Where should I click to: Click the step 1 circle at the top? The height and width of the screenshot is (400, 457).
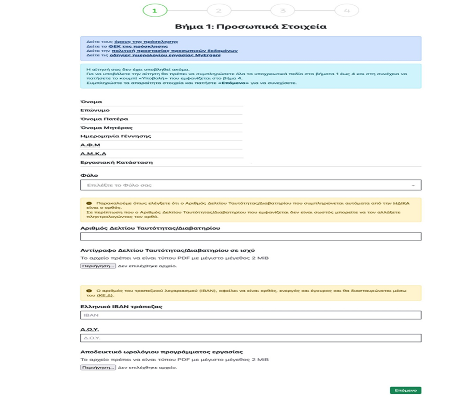click(x=155, y=10)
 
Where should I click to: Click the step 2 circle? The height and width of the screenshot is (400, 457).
click(x=219, y=10)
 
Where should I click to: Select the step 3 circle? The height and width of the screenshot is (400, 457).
click(x=283, y=10)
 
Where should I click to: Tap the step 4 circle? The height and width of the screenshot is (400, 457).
click(x=346, y=10)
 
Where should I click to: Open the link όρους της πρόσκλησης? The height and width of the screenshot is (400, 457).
click(x=146, y=41)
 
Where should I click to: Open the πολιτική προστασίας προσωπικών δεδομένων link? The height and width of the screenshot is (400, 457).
click(x=174, y=51)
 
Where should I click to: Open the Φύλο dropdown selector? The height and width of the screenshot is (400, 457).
click(x=250, y=185)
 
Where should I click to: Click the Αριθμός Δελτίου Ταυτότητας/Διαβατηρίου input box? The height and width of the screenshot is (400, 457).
click(x=250, y=236)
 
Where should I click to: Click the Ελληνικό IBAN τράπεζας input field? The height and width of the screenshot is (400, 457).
click(x=250, y=315)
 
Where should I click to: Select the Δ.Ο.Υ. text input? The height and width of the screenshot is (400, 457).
click(x=250, y=338)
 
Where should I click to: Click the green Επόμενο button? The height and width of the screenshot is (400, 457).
click(x=405, y=390)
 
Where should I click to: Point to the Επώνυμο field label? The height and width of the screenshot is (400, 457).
click(x=95, y=110)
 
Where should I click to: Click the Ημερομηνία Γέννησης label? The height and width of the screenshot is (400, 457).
click(x=116, y=136)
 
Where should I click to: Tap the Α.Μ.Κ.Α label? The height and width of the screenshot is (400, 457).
click(x=93, y=154)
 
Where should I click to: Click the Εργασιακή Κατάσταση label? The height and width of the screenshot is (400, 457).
click(x=116, y=162)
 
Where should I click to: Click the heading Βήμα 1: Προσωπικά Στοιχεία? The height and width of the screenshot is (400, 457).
click(x=250, y=26)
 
